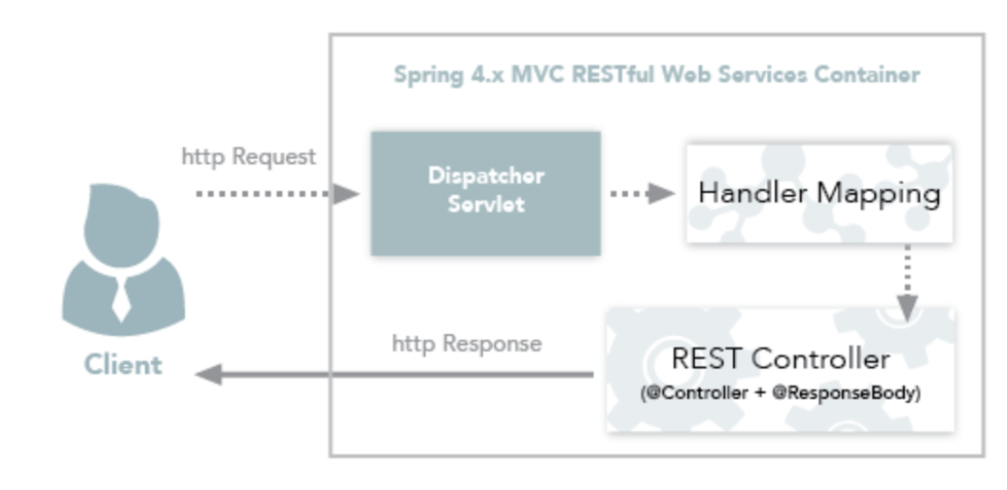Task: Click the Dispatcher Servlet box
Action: tap(485, 193)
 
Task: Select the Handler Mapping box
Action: tap(818, 193)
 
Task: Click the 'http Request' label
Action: tap(248, 156)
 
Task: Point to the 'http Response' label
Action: tap(465, 343)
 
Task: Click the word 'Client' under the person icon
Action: tap(123, 365)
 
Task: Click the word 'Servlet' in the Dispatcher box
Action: tap(485, 205)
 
